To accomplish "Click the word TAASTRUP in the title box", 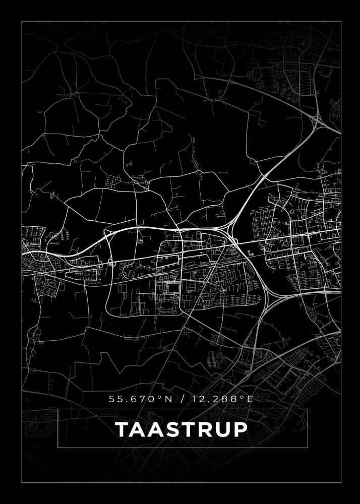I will pyautogui.click(x=182, y=429).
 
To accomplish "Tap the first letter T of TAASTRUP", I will pyautogui.click(x=123, y=429).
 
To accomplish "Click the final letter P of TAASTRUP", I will pyautogui.click(x=241, y=429).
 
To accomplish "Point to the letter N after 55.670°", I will pyautogui.click(x=168, y=399).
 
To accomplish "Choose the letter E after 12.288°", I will pyautogui.click(x=249, y=399).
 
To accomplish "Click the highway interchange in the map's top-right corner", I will pyautogui.click(x=318, y=120).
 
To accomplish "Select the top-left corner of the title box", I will pyautogui.click(x=58, y=409).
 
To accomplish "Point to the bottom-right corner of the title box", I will pyautogui.click(x=307, y=447).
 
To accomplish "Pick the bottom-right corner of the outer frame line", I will pyautogui.click(x=341, y=483).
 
